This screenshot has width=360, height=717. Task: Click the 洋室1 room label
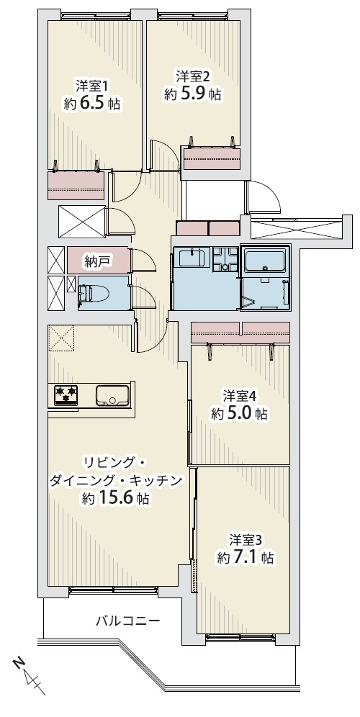(x=91, y=86)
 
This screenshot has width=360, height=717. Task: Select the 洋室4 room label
(x=239, y=394)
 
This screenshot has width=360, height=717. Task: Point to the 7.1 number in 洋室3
(x=246, y=557)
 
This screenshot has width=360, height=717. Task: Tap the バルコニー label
(x=127, y=621)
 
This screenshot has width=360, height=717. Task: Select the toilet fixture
(x=93, y=293)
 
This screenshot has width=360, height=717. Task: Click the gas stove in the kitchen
(x=66, y=395)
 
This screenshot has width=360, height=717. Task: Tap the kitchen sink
(x=112, y=395)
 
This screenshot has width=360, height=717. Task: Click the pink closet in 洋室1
(x=76, y=185)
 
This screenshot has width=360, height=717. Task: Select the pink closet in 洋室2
(x=212, y=158)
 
